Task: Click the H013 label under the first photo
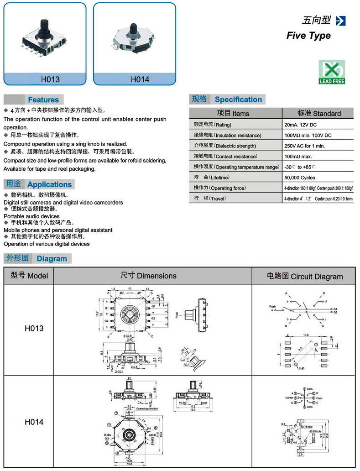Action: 50,79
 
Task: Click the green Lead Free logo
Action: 332,72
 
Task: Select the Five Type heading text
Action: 308,36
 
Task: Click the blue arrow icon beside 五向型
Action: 340,21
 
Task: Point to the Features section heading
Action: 43,99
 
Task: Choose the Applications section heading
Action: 49,184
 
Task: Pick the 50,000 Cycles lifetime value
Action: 299,178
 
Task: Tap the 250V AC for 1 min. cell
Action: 304,146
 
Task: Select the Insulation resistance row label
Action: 228,136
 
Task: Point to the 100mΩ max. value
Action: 298,157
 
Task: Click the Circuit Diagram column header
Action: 304,276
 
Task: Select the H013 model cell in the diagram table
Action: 34,328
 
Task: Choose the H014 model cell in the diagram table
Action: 34,422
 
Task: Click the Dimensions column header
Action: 148,276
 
